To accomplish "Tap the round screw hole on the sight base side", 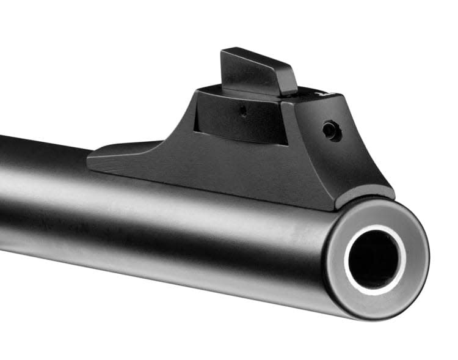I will (330, 130).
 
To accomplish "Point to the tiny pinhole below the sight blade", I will (242, 111).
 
